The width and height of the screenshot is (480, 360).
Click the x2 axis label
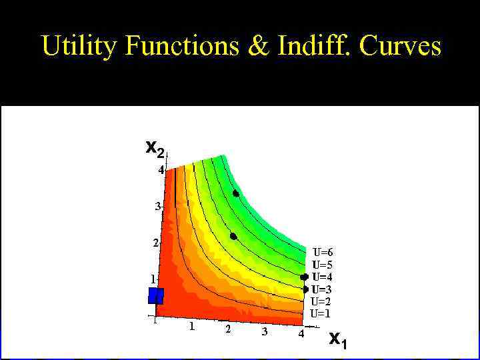point(155,149)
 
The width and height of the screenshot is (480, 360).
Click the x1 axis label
point(338,341)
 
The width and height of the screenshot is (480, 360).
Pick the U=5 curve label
point(323,265)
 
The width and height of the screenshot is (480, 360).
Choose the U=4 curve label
point(323,277)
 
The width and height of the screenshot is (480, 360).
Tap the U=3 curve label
point(323,289)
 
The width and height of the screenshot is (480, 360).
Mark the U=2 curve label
point(321,301)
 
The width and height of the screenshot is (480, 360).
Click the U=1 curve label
point(321,313)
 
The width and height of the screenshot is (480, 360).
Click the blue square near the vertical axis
point(156,295)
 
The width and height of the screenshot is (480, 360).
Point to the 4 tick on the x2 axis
point(161,170)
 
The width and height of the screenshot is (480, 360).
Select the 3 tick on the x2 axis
point(158,207)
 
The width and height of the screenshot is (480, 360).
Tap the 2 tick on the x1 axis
point(228,330)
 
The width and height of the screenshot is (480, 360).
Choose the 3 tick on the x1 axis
point(265,331)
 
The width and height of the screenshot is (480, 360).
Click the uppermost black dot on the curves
point(236,193)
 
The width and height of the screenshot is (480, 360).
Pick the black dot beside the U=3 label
point(305,289)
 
